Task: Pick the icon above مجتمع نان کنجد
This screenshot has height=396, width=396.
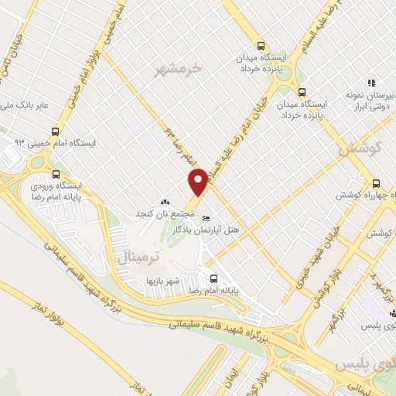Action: click(x=163, y=202)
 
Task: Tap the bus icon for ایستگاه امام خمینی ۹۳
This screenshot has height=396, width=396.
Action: click(x=54, y=131)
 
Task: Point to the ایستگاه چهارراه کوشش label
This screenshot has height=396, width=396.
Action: click(x=363, y=196)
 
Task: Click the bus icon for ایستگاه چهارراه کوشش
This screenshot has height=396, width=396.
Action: click(x=376, y=183)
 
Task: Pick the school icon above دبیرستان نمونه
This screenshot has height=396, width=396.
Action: click(x=371, y=83)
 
